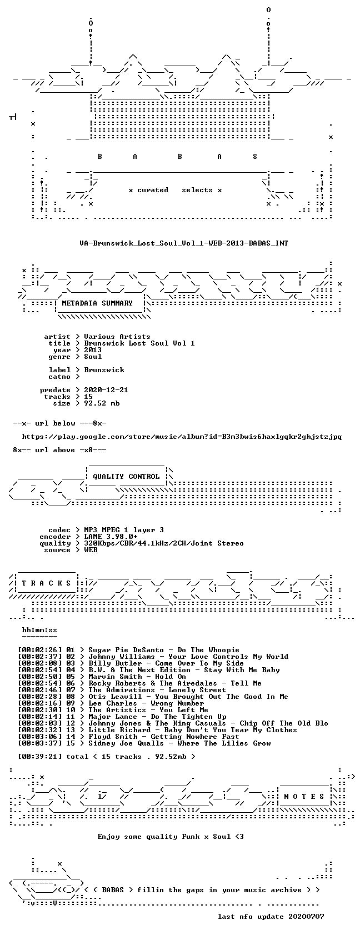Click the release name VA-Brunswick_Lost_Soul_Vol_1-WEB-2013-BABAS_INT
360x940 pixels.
[184, 243]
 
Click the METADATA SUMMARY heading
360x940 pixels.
[97, 303]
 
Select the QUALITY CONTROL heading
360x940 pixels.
[126, 476]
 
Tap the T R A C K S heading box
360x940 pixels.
[47, 583]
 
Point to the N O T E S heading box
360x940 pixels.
[304, 796]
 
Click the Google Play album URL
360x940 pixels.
[182, 437]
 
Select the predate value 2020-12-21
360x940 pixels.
[106, 390]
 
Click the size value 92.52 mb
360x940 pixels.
[102, 403]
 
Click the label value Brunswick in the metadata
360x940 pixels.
[104, 369]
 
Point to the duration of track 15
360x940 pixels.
[40, 743]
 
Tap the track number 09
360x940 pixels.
[71, 703]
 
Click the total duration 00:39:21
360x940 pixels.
[40, 757]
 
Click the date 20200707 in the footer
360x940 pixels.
[306, 916]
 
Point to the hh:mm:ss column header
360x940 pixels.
[39, 630]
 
